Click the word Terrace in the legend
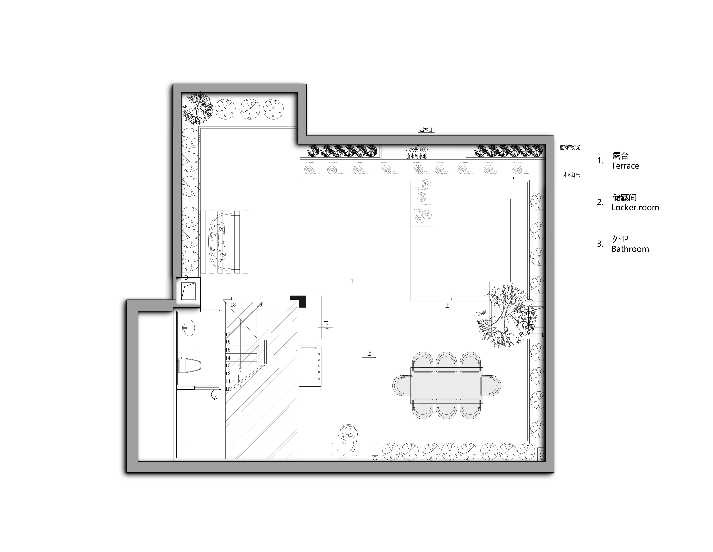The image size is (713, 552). [x=625, y=166]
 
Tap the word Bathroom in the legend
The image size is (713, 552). [x=630, y=249]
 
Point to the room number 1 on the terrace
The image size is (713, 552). [x=352, y=280]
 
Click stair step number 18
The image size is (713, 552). [x=233, y=305]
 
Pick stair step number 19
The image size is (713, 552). [x=259, y=305]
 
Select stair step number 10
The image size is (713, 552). [x=228, y=389]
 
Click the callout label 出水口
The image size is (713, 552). [x=426, y=130]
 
